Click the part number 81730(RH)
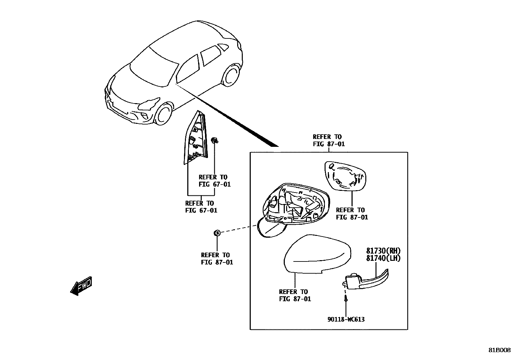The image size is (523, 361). tap(383, 251)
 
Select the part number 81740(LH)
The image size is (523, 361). tap(383, 258)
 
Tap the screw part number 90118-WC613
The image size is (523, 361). tap(346, 319)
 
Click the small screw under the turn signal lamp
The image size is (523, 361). tap(346, 299)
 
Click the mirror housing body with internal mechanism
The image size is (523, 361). tap(294, 205)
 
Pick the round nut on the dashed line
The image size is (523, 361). tap(217, 233)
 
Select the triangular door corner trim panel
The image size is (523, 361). tap(196, 140)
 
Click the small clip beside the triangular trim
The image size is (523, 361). tap(215, 140)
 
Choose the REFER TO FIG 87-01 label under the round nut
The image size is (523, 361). tap(216, 259)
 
